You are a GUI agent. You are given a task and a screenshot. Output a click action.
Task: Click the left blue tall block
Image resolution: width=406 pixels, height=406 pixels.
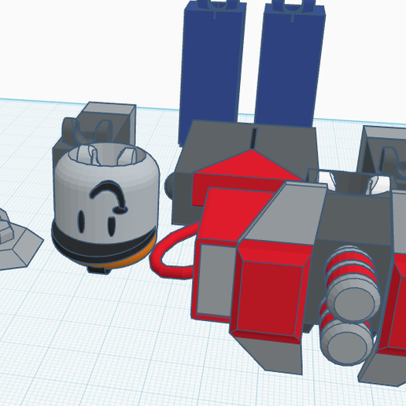click(x=212, y=67)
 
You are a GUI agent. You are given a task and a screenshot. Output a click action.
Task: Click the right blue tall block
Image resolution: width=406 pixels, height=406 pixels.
click(x=290, y=67)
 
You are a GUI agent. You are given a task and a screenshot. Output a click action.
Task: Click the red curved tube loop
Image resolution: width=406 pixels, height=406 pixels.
click(x=169, y=256)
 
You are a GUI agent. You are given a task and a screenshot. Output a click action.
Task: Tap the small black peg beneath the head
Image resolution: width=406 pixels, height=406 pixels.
click(x=98, y=269)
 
